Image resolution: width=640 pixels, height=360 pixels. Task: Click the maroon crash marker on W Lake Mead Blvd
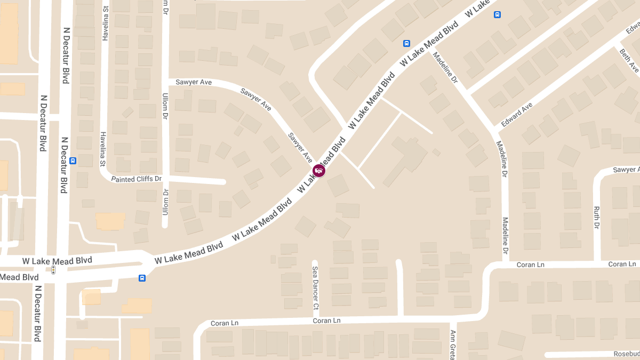319,171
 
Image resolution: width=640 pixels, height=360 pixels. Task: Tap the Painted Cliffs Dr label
136,179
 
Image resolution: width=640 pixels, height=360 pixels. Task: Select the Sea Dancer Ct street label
315,289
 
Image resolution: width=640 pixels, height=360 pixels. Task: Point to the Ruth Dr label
597,219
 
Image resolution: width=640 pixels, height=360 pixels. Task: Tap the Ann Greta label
453,345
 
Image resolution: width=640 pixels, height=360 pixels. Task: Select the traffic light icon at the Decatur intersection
53,270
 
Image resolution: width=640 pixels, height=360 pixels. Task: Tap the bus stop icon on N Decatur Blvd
73,161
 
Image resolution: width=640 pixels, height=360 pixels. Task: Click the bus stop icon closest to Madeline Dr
406,43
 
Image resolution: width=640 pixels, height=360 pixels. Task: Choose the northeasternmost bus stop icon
497,15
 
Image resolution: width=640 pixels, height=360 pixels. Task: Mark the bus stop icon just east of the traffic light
142,278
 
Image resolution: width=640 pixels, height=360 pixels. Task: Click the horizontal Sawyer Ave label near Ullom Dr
194,82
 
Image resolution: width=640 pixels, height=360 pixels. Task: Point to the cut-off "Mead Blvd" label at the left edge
19,277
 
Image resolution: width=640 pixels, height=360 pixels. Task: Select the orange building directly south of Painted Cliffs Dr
110,221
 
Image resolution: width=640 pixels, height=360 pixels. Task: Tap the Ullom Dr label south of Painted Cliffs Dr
165,203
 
